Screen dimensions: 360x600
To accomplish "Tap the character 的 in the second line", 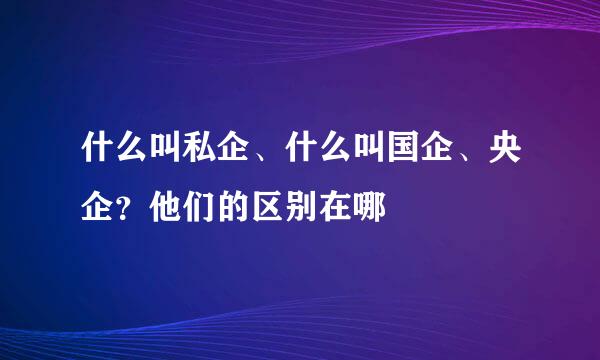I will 230,207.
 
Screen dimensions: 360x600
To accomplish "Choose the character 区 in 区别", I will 264,207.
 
